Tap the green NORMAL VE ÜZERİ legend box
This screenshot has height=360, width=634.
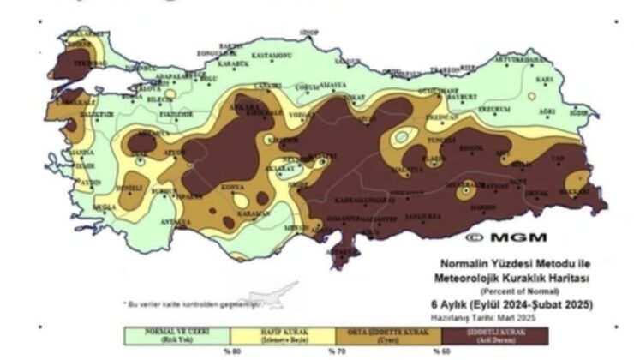click(x=177, y=333)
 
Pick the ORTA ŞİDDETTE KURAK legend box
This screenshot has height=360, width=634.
click(x=386, y=333)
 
